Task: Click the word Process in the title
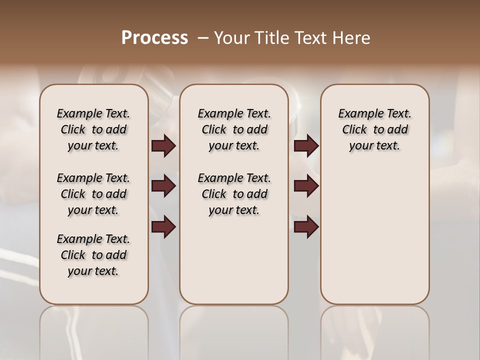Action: click(154, 38)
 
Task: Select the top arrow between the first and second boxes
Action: click(163, 146)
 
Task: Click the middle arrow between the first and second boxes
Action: click(163, 186)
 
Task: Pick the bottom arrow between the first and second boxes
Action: click(163, 227)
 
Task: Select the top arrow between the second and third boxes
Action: click(306, 146)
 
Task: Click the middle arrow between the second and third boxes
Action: click(306, 186)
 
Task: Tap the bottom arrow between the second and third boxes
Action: click(306, 227)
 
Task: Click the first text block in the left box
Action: click(93, 129)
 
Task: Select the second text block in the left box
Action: click(93, 194)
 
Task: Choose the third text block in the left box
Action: click(93, 255)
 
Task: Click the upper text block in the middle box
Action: click(234, 129)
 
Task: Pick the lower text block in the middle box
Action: click(234, 194)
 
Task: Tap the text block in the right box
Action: click(375, 129)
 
